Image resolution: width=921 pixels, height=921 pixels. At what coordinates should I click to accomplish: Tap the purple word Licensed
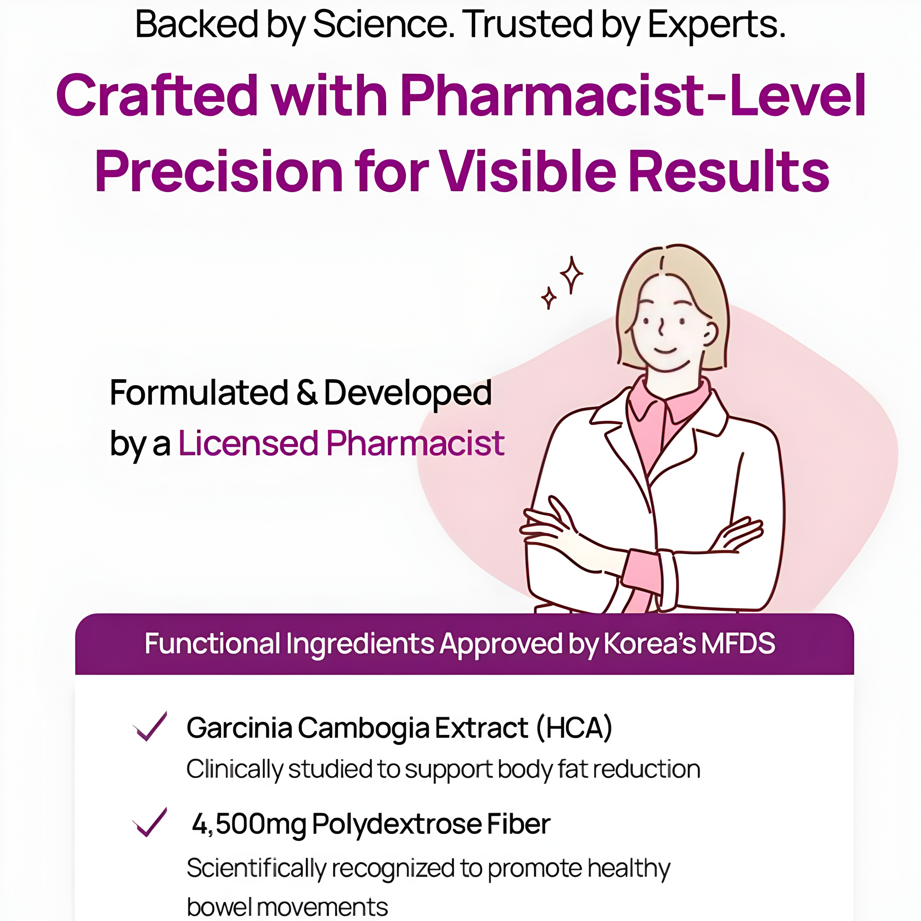pyautogui.click(x=248, y=443)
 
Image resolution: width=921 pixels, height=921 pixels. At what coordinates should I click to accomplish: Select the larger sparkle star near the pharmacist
pyautogui.click(x=571, y=275)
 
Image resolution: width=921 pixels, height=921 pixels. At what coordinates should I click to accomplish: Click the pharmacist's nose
pyautogui.click(x=662, y=327)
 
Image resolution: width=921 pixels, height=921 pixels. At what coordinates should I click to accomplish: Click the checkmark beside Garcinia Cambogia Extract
pyautogui.click(x=150, y=726)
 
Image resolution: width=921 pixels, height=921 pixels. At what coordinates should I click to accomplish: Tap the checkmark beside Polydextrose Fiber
pyautogui.click(x=150, y=823)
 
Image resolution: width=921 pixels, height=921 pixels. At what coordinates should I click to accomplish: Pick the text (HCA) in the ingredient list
pyautogui.click(x=575, y=728)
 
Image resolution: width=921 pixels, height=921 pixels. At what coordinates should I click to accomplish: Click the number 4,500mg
pyautogui.click(x=248, y=824)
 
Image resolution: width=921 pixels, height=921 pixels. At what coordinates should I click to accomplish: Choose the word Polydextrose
pyautogui.click(x=396, y=824)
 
